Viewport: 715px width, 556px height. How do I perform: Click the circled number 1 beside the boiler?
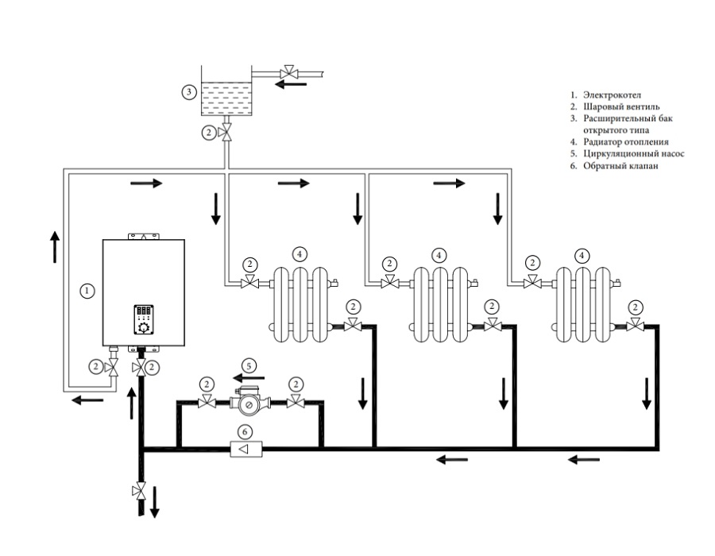coord(87,290)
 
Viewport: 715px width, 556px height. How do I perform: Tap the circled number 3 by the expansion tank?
coord(189,92)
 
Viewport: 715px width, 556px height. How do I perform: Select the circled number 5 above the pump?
coord(249,366)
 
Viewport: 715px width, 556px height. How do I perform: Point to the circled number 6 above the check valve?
coord(245,431)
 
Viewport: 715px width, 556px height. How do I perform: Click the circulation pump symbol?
coord(249,402)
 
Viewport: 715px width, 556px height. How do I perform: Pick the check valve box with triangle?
coord(246,450)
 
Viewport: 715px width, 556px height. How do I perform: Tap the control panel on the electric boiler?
coord(144,319)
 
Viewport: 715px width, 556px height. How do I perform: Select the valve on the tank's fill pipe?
coord(288,72)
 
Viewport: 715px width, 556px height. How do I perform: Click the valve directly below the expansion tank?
coord(226,132)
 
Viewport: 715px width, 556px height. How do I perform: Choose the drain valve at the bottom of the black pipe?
coord(140,492)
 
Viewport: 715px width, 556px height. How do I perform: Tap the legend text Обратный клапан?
coord(620,166)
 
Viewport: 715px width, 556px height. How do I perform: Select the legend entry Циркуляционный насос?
coord(634,154)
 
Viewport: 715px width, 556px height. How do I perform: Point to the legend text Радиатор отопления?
coord(626,142)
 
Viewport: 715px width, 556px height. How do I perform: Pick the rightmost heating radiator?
coord(586,304)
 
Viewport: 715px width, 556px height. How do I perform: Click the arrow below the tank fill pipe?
coord(291,84)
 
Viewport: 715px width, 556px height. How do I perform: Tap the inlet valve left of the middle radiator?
coord(389,283)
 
